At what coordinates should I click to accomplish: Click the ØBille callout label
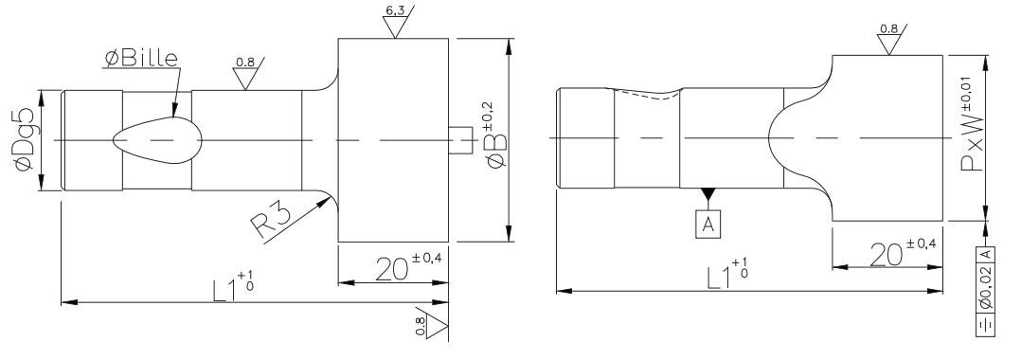[x=140, y=59]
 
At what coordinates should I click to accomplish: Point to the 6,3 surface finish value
[x=394, y=10]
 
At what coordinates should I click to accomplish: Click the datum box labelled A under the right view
[x=708, y=225]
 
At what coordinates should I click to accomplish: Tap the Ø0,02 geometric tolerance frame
[x=985, y=292]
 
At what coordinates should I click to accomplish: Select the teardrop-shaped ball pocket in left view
[x=157, y=139]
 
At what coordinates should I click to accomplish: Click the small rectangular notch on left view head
[x=460, y=140]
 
